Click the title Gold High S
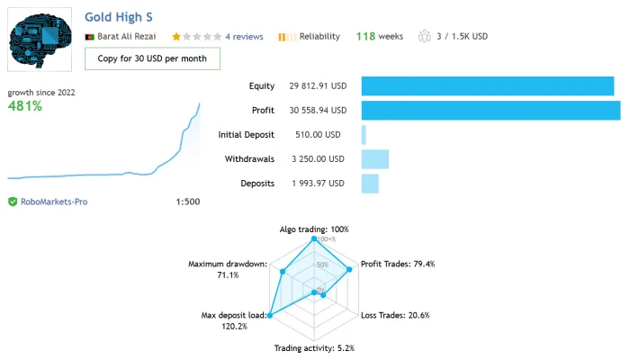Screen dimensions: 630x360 click(x=119, y=17)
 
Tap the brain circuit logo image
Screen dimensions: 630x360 click(x=40, y=40)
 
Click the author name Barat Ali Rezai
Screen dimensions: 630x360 click(x=127, y=37)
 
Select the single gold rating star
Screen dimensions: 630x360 click(x=176, y=37)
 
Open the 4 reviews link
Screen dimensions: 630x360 click(x=244, y=37)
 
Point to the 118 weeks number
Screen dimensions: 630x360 click(x=365, y=37)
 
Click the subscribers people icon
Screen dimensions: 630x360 click(x=424, y=36)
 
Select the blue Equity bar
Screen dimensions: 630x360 click(x=488, y=86)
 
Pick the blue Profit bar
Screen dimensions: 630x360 click(x=491, y=111)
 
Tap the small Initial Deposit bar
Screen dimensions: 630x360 click(x=364, y=135)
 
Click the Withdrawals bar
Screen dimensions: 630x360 click(x=375, y=159)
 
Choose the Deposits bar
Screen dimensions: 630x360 click(x=370, y=184)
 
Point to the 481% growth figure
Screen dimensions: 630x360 click(x=25, y=106)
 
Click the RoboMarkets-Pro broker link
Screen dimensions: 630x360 click(x=54, y=202)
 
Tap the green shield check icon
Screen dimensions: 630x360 click(x=13, y=202)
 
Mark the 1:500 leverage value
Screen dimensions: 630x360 click(x=187, y=202)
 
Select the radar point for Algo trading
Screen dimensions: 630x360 click(x=314, y=238)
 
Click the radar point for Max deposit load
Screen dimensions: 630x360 click(x=270, y=315)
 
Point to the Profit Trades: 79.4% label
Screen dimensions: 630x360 click(x=398, y=264)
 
